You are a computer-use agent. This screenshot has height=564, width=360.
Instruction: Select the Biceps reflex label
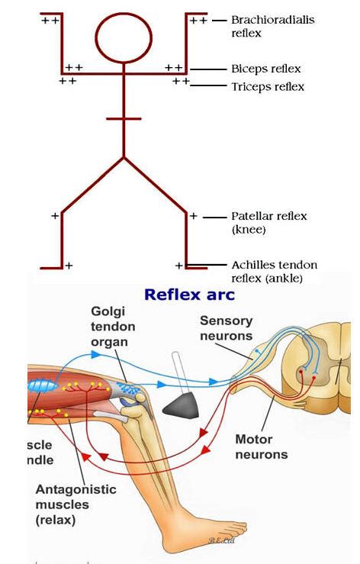[x=265, y=69]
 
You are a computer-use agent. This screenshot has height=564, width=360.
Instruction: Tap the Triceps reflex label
[x=268, y=87]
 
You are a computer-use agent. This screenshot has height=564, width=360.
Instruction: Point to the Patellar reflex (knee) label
[x=268, y=222]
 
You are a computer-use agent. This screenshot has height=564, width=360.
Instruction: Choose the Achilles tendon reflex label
[x=274, y=271]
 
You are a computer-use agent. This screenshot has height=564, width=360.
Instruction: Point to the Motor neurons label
[x=261, y=447]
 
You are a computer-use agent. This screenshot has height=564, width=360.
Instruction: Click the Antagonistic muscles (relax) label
[x=76, y=504]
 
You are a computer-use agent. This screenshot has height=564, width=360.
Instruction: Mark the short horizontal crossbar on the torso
[x=124, y=119]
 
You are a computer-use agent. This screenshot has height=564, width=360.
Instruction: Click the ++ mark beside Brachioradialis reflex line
[x=198, y=21]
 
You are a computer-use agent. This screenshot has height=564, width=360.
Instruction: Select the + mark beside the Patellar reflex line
[x=194, y=216]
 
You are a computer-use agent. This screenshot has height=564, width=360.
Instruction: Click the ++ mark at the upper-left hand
[x=50, y=21]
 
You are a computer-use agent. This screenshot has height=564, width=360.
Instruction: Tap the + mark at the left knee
[x=54, y=216]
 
